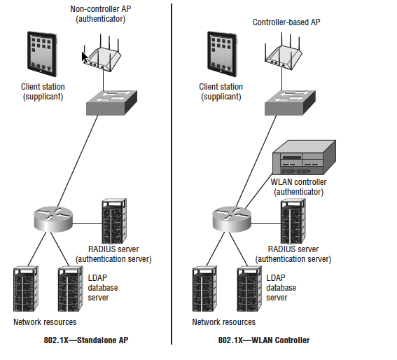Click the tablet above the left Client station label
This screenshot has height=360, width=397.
(42, 54)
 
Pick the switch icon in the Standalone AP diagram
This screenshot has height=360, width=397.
(111, 102)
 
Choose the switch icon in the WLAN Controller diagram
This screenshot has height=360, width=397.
(290, 102)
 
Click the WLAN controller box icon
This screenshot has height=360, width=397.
(304, 158)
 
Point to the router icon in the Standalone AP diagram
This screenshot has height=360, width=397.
(53, 219)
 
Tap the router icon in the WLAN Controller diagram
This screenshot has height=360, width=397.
(232, 219)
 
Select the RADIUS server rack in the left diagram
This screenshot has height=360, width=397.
(114, 221)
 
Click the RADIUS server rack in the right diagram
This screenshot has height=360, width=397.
(293, 221)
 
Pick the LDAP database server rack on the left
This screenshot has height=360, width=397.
(70, 289)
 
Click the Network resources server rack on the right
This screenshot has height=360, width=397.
(204, 289)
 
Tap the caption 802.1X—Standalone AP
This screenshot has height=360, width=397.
(86, 340)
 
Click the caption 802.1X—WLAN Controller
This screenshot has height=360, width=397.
(264, 340)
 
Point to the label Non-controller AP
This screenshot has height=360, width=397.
(101, 9)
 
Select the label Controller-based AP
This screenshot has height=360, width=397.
(286, 22)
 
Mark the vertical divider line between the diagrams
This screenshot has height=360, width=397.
(172, 174)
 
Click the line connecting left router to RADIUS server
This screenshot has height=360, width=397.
(87, 224)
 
